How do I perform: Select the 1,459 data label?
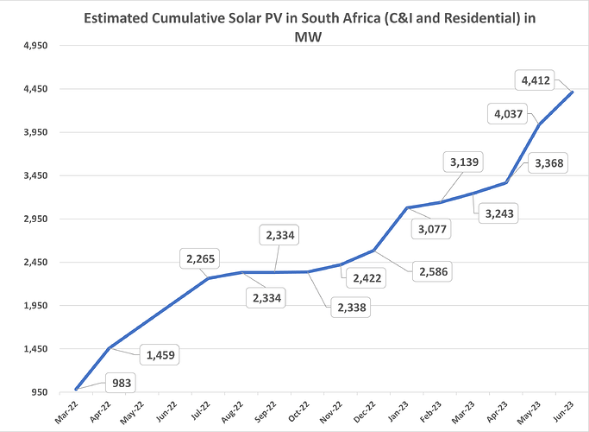point(162,354)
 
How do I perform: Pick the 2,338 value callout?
point(347,306)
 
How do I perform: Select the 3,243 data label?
point(497,213)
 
